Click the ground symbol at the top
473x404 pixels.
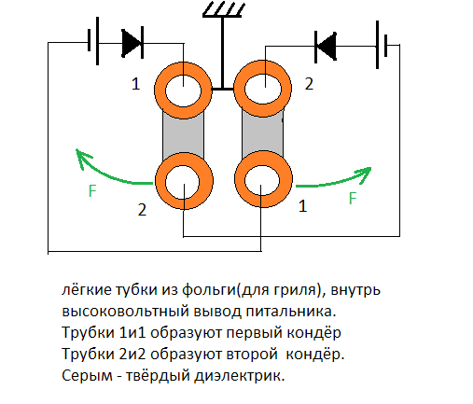click(222, 9)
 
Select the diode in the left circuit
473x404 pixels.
click(132, 43)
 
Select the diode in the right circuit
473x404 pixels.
click(326, 47)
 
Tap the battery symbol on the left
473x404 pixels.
click(93, 41)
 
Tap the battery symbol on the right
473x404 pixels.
click(382, 45)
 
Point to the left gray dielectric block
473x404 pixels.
click(183, 135)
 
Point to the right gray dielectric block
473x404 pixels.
click(262, 134)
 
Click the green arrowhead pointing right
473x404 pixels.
click(364, 174)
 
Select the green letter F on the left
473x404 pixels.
click(92, 190)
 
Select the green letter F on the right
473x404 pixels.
click(353, 198)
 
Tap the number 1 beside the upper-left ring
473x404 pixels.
click(135, 84)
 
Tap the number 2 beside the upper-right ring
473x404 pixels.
click(309, 84)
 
